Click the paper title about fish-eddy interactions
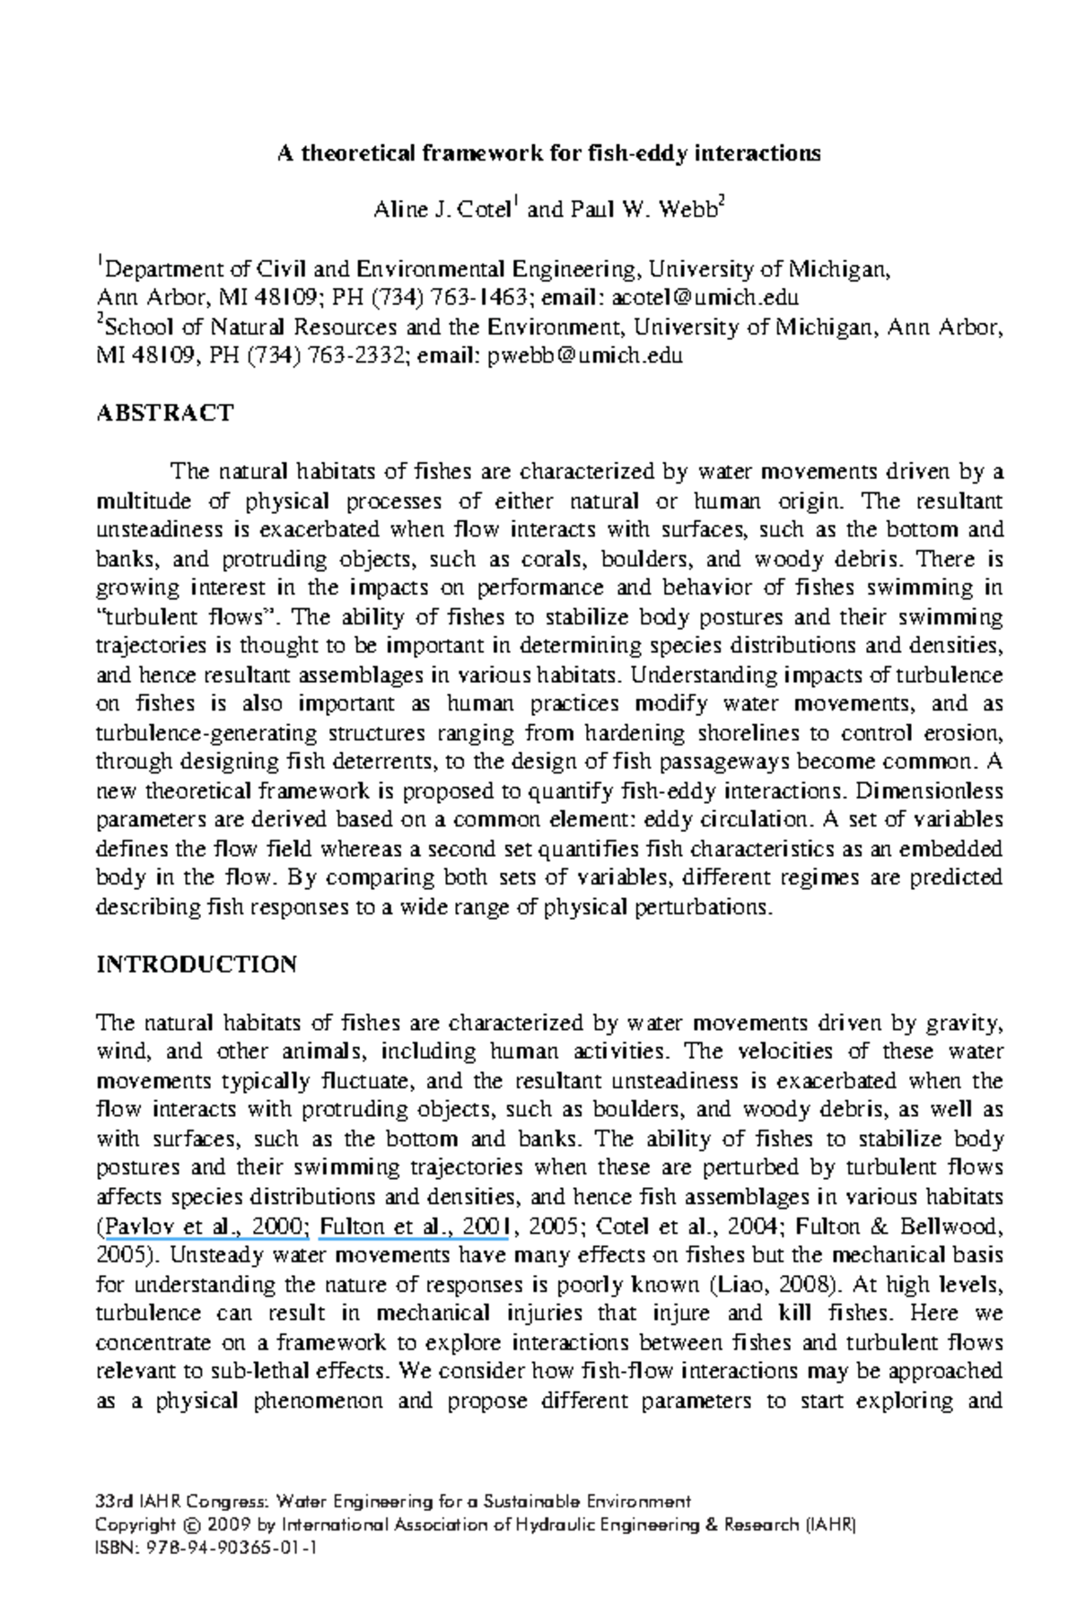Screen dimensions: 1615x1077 [x=547, y=153]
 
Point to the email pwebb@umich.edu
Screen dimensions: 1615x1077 [x=584, y=356]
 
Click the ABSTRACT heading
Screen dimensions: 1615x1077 [x=164, y=414]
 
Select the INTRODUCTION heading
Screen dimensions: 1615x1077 [x=196, y=965]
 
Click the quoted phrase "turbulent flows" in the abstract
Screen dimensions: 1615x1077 [x=187, y=618]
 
